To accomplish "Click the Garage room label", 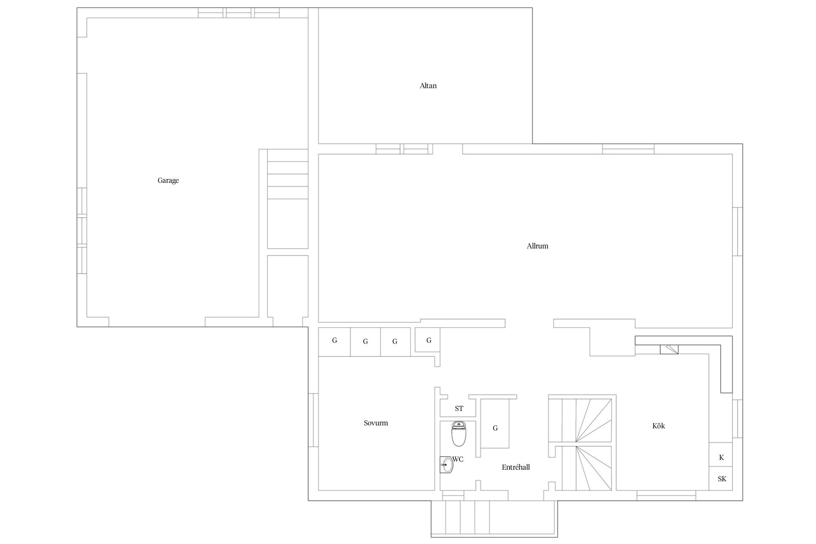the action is click(168, 181).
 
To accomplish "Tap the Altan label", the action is click(428, 86).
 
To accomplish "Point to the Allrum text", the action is click(537, 246).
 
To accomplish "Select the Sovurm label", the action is click(376, 423).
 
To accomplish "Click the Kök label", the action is click(658, 426).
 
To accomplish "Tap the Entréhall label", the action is click(516, 467).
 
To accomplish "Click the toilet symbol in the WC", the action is click(458, 434).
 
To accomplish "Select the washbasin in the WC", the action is click(446, 465).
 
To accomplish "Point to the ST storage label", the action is click(459, 409).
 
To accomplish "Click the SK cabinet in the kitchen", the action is click(721, 479).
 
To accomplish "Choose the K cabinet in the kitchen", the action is click(721, 455).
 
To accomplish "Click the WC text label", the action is click(458, 459).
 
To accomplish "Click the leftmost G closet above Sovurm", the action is click(334, 342).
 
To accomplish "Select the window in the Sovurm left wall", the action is click(313, 420).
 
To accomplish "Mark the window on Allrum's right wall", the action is click(737, 232).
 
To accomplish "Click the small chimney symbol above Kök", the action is click(669, 349).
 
